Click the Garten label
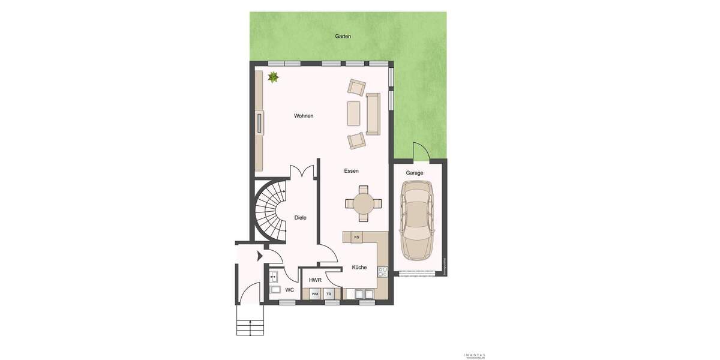[x=343, y=37]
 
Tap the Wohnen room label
[x=304, y=116]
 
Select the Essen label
[x=351, y=171]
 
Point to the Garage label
[x=415, y=173]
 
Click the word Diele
[x=300, y=218]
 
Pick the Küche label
[x=359, y=268]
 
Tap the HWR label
[x=315, y=280]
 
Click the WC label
[x=290, y=290]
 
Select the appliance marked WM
[x=315, y=294]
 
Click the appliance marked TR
[x=329, y=294]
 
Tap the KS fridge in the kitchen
[x=356, y=237]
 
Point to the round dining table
[x=363, y=203]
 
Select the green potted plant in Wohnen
[x=274, y=77]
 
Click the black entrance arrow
[x=260, y=256]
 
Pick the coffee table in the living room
[x=353, y=113]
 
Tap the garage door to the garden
[x=420, y=151]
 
